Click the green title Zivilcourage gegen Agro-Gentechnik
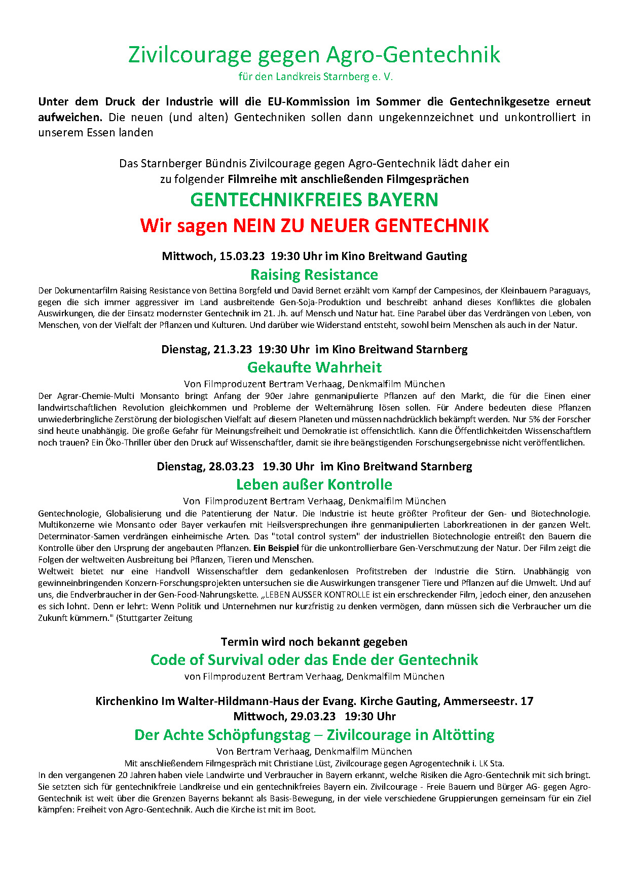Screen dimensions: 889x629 point(314,55)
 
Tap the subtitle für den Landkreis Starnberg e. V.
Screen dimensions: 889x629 point(315,77)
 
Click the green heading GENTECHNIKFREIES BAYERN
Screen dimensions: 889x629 point(314,200)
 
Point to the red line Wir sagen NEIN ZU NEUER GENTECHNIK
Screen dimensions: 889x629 point(314,226)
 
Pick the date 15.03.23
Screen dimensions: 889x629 point(242,256)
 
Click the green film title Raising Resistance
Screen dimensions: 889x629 point(314,275)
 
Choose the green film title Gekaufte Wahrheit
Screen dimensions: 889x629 point(314,367)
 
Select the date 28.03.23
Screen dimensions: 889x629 point(231,466)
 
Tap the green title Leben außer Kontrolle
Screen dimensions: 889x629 point(314,485)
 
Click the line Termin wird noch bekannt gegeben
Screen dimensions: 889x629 point(314,642)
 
